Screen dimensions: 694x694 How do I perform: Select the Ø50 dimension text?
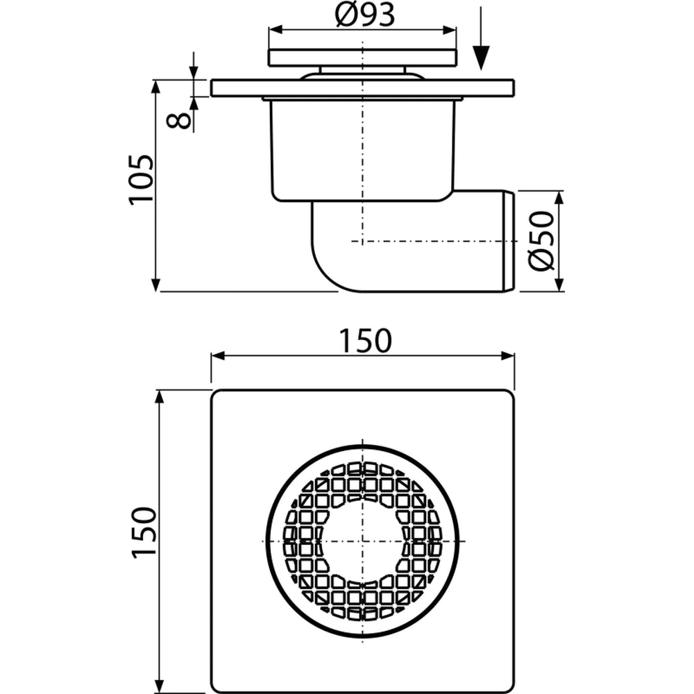point(541,242)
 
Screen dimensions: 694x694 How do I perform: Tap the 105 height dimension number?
point(141,180)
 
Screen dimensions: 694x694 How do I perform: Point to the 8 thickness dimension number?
point(179,120)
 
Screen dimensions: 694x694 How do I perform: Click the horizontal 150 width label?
point(365,341)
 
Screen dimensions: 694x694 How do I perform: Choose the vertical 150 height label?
point(144,532)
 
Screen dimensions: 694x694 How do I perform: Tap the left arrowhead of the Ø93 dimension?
point(276,30)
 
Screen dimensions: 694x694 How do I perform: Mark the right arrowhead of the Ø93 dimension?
point(450,30)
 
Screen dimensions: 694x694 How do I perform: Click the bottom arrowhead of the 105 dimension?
point(155,285)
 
